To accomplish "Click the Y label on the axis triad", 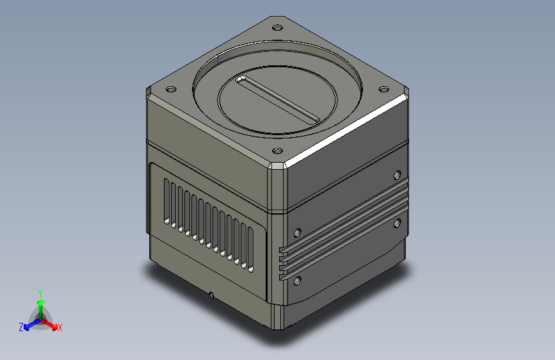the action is click(40, 293).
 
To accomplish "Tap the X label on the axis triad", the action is click(60, 327).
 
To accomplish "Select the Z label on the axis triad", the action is click(21, 327).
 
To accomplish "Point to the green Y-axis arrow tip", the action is click(41, 302).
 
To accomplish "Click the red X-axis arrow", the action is click(49, 323).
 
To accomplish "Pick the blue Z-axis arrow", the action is click(32, 324).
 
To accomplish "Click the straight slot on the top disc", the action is click(278, 99).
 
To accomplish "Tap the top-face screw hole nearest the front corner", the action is click(278, 151).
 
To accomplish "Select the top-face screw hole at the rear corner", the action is click(278, 28).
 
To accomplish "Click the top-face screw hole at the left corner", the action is click(171, 89).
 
